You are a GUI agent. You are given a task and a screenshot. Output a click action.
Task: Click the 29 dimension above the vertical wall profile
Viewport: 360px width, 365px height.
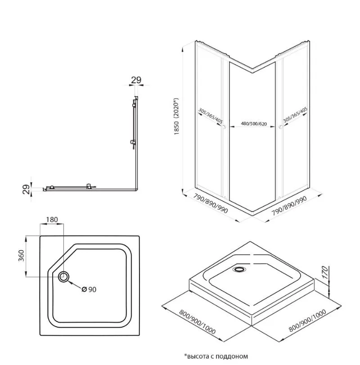(x=136, y=80)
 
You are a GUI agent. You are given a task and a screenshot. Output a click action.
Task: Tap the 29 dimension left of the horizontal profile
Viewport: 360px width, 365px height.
(x=27, y=187)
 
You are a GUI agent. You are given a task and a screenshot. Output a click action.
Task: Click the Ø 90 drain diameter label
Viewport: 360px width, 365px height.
(x=89, y=289)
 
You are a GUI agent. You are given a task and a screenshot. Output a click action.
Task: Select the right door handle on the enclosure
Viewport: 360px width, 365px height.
(x=280, y=129)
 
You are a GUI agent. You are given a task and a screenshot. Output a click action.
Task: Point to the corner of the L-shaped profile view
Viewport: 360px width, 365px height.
(x=135, y=189)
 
